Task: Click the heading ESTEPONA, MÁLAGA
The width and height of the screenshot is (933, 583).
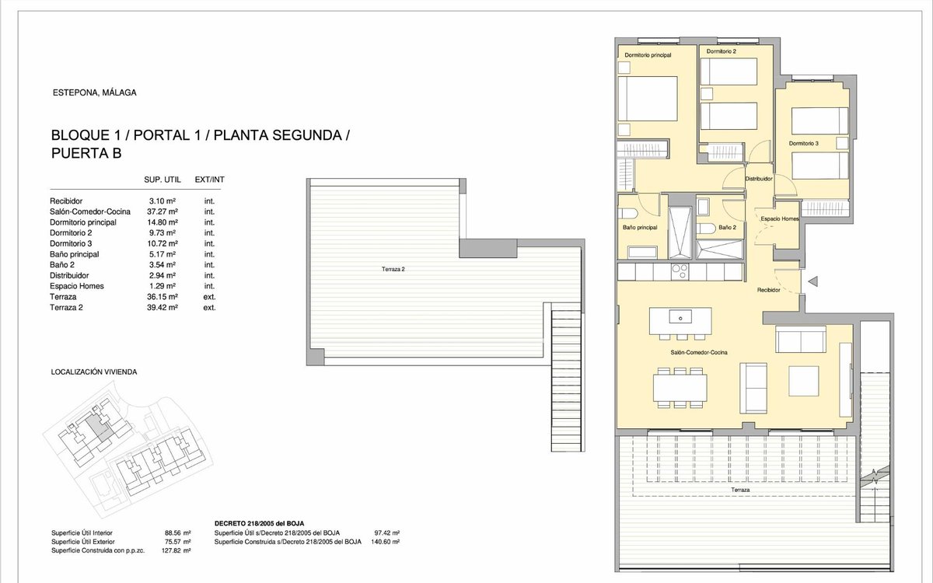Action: tap(95, 93)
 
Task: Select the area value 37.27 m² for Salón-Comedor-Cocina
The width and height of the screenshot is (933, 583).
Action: tap(162, 211)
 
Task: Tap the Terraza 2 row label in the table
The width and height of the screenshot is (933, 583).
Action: tap(66, 308)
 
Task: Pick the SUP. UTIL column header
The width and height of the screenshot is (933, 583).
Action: tap(162, 180)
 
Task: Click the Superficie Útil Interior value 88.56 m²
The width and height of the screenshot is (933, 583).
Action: tap(178, 533)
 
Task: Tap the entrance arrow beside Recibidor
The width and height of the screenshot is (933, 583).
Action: tap(812, 281)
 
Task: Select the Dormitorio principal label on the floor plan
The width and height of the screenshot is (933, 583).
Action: tap(648, 55)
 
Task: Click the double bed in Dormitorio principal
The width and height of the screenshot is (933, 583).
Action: tap(648, 99)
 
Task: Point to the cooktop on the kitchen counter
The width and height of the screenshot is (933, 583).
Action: tap(680, 272)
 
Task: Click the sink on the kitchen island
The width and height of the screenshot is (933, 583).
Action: tap(680, 316)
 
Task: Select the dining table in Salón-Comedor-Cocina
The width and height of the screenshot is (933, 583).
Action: tap(680, 388)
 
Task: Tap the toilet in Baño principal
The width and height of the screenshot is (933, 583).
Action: tap(627, 214)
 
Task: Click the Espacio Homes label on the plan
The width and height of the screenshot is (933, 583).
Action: tap(780, 219)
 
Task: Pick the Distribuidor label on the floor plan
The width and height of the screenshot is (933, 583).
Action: tap(759, 179)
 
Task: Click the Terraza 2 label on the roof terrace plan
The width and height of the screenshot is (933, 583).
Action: tap(393, 270)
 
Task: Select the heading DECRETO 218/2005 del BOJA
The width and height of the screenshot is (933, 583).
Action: tap(259, 523)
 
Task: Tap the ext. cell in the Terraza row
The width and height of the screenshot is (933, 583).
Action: tap(209, 297)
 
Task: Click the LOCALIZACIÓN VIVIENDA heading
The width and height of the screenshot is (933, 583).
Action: tap(94, 372)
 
